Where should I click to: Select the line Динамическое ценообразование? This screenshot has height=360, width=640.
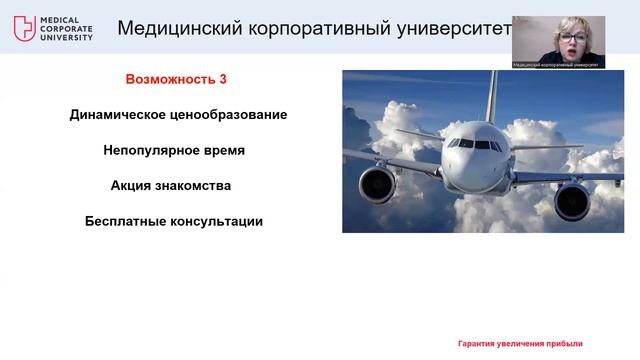coord(178,115)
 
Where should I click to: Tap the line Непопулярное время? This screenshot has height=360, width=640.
coord(173,150)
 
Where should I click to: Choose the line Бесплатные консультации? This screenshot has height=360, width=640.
coord(173,221)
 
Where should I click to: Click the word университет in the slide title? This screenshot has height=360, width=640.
coord(454,27)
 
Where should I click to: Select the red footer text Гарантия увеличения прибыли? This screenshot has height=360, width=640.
coord(520,343)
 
